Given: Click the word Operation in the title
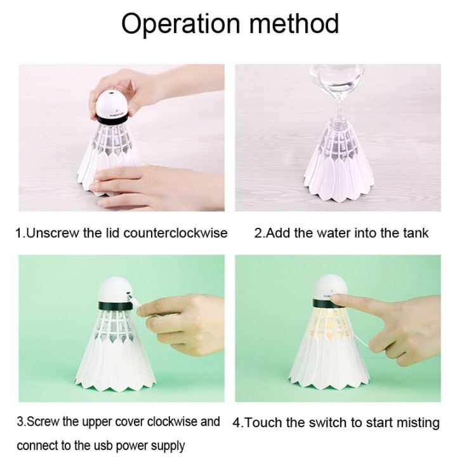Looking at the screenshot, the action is point(181,24).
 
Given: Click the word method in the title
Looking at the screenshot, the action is point(294,23).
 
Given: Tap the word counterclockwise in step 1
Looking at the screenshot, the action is point(175,233).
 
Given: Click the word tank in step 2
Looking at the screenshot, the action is point(416,233).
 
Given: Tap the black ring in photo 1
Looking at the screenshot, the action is point(112,120).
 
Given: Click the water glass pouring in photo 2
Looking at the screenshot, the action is point(336,82).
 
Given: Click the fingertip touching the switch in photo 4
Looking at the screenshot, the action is point(335,299).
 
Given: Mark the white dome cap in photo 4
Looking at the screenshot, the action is point(330,288).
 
